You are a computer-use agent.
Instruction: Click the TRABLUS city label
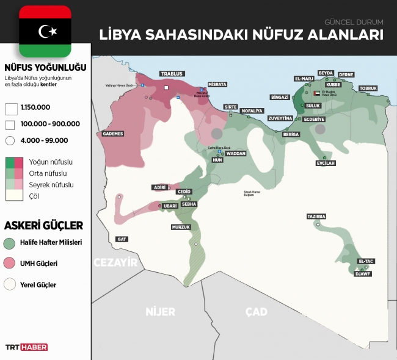(172, 73)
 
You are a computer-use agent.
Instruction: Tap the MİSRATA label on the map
(216, 84)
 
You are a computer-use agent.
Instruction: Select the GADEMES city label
(113, 134)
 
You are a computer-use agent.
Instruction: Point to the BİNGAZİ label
(279, 97)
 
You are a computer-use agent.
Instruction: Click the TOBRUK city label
(368, 88)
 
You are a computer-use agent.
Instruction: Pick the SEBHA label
(189, 204)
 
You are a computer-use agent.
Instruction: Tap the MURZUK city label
(181, 227)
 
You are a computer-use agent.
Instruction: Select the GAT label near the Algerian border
(122, 239)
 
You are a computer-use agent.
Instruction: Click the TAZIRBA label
(316, 217)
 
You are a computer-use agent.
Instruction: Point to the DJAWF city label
(363, 274)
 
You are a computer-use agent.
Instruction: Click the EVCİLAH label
(326, 163)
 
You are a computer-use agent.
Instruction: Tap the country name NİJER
(160, 312)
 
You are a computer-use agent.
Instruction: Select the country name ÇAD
(256, 312)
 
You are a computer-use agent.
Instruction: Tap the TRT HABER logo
(26, 347)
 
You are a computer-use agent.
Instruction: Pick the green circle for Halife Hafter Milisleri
(9, 243)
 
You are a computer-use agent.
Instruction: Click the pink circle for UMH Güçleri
(9, 264)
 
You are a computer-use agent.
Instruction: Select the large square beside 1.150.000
(10, 108)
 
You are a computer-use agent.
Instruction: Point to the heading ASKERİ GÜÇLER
(43, 225)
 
